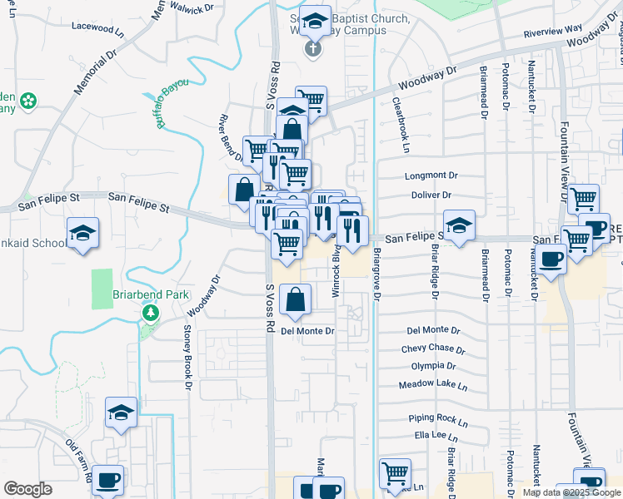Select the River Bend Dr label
tap(232, 137)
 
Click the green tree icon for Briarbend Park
tap(151, 314)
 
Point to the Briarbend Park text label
tap(152, 295)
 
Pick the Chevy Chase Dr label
tap(432, 348)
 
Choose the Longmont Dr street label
tap(431, 176)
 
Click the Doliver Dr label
tap(431, 195)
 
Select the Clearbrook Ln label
tap(401, 125)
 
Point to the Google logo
tap(27, 489)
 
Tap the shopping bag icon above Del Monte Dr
tap(296, 299)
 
